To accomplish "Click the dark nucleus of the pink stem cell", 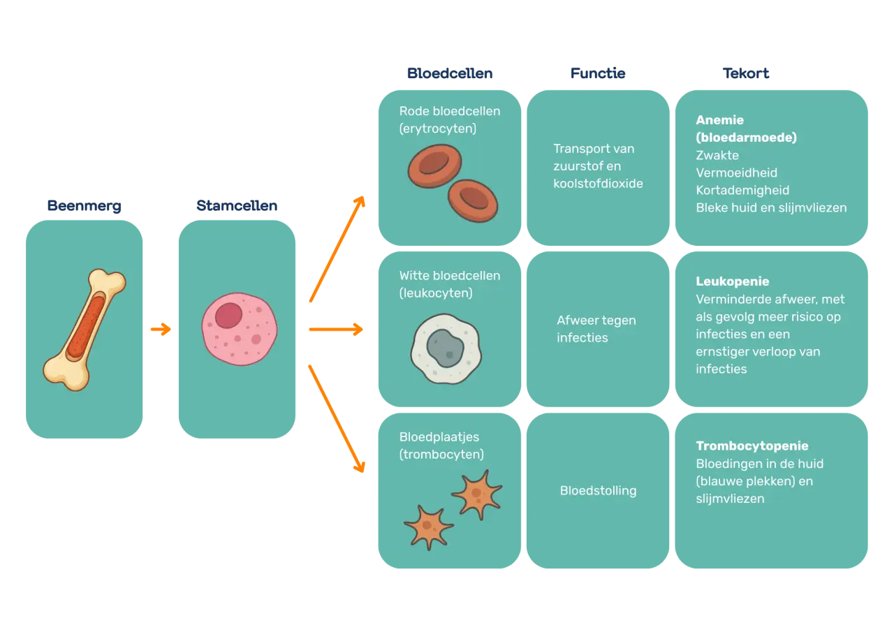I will coord(228,316).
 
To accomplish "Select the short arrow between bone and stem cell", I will coord(161,329).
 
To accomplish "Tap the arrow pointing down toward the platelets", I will coord(337,418).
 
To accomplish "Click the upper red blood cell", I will coord(434,166).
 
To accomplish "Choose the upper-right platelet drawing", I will coord(477,494).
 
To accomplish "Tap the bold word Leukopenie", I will coord(733,281).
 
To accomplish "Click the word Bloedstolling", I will coord(598,491).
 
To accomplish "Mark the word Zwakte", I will coord(717,155).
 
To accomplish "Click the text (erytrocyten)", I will coord(437,128).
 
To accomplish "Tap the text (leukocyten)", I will coord(436,293).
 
